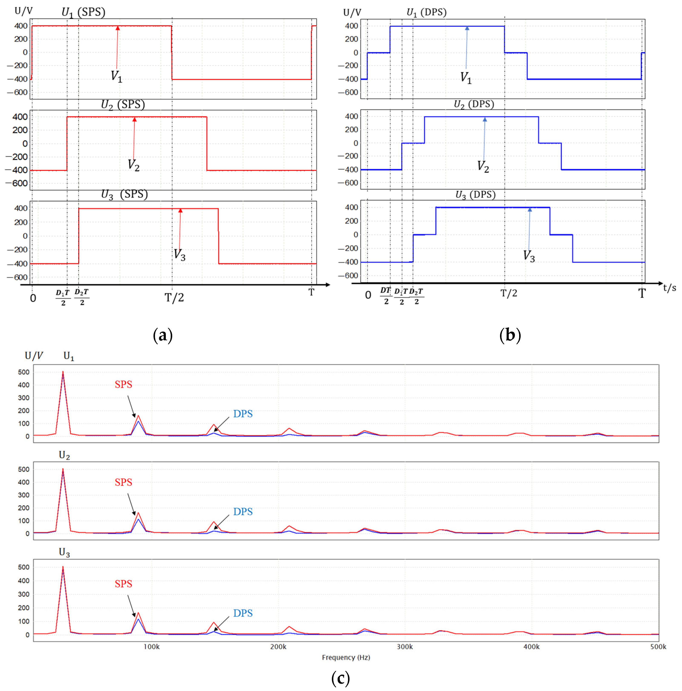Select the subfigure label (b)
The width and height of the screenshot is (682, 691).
pos(510,335)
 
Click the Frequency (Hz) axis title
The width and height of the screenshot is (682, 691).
pos(346,657)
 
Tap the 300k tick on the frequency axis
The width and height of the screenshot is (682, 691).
pos(405,647)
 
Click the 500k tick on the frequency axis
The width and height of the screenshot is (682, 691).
pos(658,647)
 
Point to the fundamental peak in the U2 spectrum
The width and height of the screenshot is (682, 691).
pos(63,470)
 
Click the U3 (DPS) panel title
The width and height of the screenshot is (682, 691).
pos(475,195)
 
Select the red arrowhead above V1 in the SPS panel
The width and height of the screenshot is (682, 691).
pos(118,28)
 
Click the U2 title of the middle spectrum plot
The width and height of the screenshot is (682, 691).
pos(64,455)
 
